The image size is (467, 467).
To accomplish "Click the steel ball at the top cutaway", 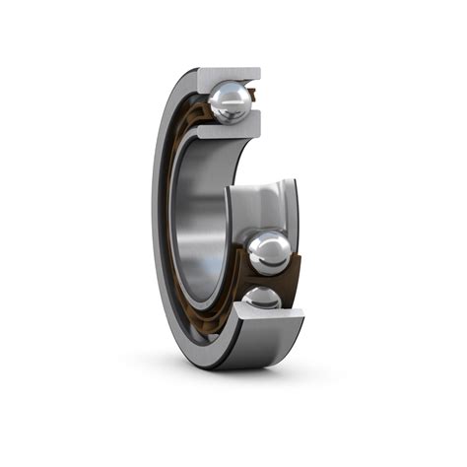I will (x=230, y=101).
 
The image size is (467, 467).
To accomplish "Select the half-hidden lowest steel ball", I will (x=262, y=299).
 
